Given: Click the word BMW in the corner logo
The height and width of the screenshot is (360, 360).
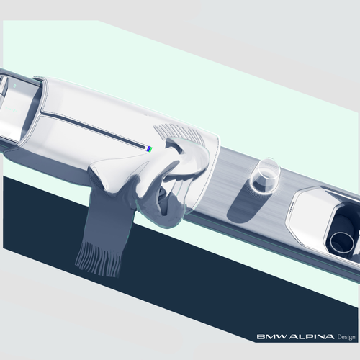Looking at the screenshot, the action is click(x=271, y=336).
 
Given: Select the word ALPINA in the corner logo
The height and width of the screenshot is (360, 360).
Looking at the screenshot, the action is click(x=311, y=336).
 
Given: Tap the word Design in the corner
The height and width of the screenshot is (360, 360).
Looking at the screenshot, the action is click(x=346, y=337).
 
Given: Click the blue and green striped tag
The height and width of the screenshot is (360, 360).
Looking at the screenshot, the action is click(x=150, y=149).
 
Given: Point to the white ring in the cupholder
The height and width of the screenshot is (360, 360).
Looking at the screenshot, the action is click(x=342, y=243).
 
